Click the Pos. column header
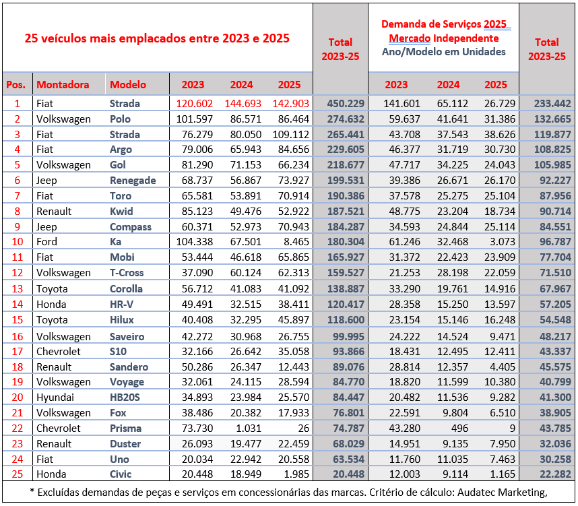point(15,85)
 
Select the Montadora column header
point(63,85)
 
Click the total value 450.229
point(346,104)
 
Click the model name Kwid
point(121,211)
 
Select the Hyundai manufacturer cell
point(55,398)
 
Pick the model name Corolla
point(126,288)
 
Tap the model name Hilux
point(122,319)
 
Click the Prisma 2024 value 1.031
point(245,429)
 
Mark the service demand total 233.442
point(547,104)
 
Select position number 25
point(18,474)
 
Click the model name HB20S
point(125,398)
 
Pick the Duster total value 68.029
point(346,444)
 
